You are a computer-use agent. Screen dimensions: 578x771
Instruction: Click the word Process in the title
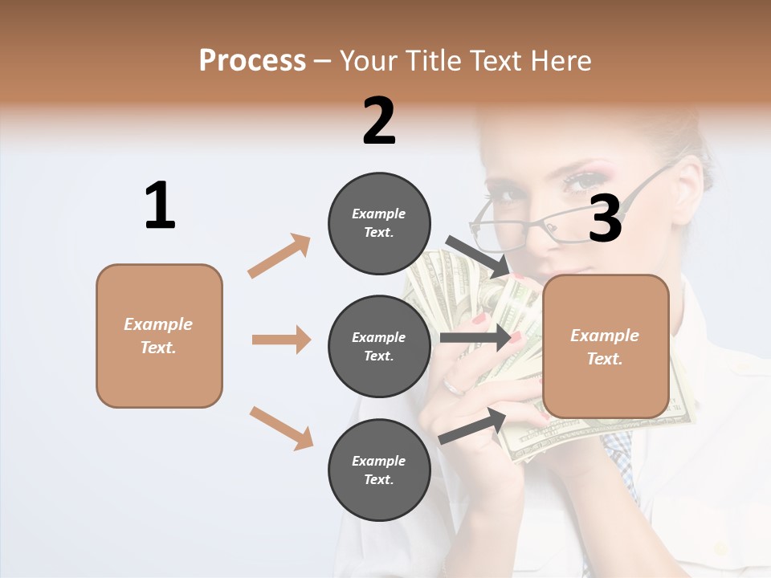(252, 60)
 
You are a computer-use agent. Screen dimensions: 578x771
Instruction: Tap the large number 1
(160, 206)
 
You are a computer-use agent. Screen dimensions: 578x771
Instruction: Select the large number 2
(379, 121)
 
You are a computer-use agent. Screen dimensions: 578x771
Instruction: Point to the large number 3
(606, 218)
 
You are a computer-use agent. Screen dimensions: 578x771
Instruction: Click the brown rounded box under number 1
(159, 336)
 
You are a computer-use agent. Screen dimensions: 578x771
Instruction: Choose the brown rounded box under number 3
(606, 346)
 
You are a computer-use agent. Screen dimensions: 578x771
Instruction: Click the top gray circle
(379, 222)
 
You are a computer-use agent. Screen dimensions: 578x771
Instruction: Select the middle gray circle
(379, 346)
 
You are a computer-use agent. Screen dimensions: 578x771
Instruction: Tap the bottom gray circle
(379, 470)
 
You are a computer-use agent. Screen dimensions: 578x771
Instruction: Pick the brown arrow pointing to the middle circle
(281, 340)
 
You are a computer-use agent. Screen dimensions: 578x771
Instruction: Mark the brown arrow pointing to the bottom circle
(281, 428)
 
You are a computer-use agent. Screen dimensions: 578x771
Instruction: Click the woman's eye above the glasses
(581, 181)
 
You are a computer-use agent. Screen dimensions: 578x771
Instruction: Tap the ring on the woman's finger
(454, 388)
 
